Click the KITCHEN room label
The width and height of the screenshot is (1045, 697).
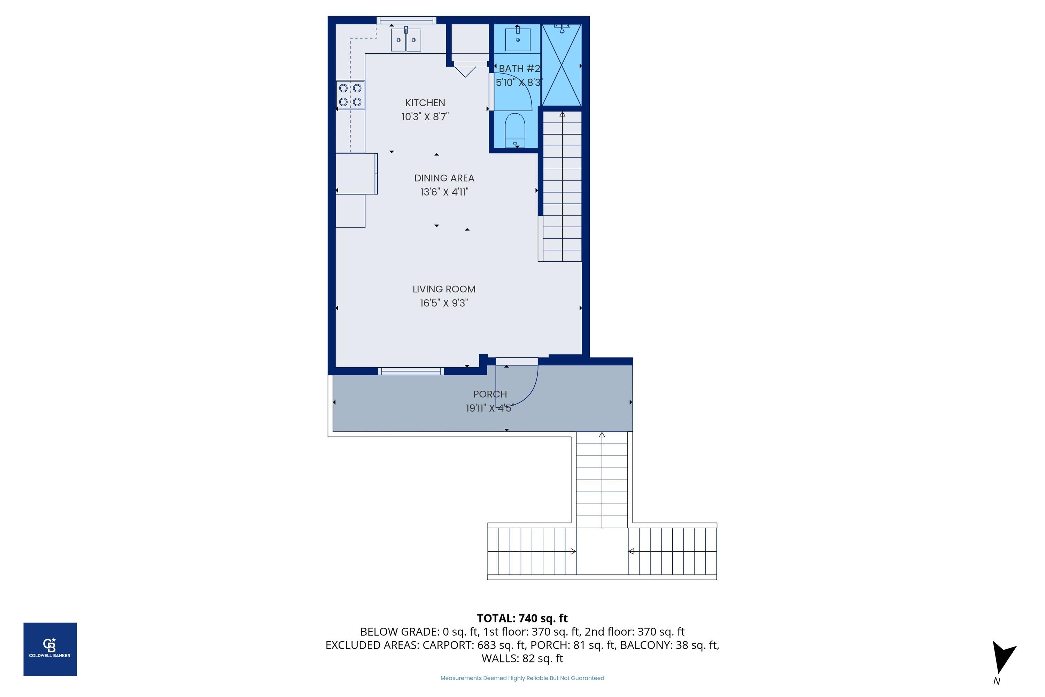pyautogui.click(x=425, y=103)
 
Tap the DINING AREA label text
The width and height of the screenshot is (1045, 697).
pyautogui.click(x=444, y=178)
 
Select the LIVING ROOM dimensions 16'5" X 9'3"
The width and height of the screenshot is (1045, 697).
pyautogui.click(x=444, y=303)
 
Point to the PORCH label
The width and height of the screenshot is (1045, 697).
pyautogui.click(x=490, y=394)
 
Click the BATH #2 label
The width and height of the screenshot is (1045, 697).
pyautogui.click(x=519, y=68)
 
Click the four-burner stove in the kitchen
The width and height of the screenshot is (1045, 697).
pyautogui.click(x=350, y=95)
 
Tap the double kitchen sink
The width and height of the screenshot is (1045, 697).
pyautogui.click(x=406, y=40)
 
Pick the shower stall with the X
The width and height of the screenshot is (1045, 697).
pyautogui.click(x=562, y=66)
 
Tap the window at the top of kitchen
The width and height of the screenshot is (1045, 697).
pyautogui.click(x=406, y=20)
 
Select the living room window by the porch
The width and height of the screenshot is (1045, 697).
pyautogui.click(x=411, y=371)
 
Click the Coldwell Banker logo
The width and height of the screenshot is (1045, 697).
pyautogui.click(x=50, y=649)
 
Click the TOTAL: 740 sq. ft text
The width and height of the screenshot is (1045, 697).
pyautogui.click(x=522, y=618)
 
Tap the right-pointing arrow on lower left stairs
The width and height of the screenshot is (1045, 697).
pyautogui.click(x=573, y=551)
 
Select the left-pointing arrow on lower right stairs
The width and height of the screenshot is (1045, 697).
pyautogui.click(x=630, y=551)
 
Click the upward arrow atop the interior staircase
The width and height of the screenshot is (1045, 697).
pyautogui.click(x=562, y=115)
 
